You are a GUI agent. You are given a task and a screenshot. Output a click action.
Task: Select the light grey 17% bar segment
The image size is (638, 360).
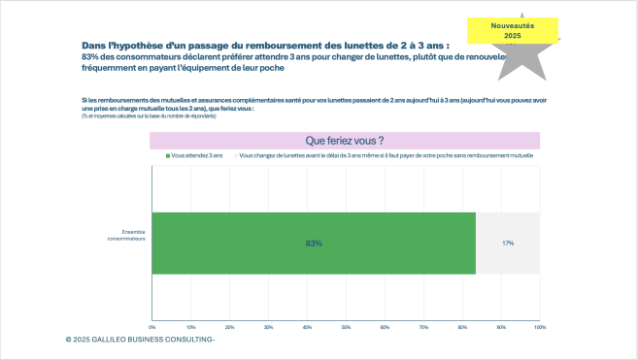pos(507,243)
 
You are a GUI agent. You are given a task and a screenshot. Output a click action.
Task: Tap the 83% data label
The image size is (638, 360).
pos(314,243)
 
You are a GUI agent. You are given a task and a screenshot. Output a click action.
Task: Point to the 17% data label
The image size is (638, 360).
pos(508,243)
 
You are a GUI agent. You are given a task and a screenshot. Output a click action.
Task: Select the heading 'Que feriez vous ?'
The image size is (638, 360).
pos(345,141)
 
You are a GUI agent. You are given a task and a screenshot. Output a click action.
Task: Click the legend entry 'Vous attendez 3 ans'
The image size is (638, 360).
pos(198,155)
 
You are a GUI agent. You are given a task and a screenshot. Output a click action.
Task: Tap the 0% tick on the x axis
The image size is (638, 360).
pos(152,327)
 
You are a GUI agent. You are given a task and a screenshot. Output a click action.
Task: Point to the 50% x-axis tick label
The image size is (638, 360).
pos(347,327)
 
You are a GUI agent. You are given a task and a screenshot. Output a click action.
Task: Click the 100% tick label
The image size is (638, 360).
pos(540,327)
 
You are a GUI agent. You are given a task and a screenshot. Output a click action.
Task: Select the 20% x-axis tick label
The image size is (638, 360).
pos(230,327)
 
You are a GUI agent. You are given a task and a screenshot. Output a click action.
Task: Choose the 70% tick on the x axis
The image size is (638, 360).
pos(424,327)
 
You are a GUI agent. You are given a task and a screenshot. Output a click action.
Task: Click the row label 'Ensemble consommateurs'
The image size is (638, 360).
pos(128,235)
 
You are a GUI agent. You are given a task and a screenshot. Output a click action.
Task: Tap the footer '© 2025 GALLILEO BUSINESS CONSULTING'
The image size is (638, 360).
pos(140,341)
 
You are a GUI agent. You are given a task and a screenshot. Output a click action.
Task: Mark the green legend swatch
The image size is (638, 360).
pos(168,155)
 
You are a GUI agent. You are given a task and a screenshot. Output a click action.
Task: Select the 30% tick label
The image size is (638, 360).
pos(269,327)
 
